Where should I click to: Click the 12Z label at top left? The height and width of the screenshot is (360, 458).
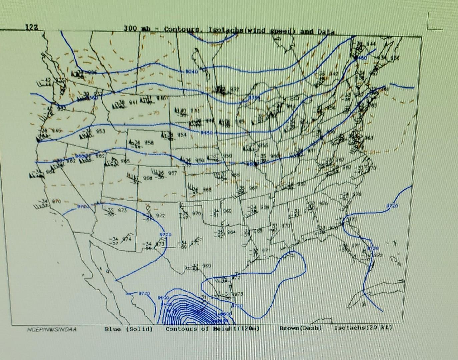coord(32,28)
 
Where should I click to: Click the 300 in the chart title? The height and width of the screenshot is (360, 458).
coord(131,29)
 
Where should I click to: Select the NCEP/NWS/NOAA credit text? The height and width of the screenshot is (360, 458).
coord(51,330)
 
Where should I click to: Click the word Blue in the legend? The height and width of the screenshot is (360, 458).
coord(113,329)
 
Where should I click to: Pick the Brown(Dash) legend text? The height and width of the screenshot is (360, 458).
coord(301,328)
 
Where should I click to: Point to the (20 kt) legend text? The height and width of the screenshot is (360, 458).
coord(381,327)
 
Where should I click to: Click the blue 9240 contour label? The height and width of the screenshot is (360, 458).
coord(191,71)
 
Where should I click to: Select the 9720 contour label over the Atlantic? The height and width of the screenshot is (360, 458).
coord(392,206)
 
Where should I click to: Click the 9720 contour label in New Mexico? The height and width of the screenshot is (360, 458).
coord(165,235)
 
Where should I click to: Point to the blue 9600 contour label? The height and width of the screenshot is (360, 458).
coord(163,297)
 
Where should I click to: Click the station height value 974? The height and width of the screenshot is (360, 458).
coord(126,239)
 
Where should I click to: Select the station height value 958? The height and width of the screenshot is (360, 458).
coord(149,143)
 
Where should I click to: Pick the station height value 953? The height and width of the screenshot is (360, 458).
coord(100,132)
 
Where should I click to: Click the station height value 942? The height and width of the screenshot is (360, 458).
coord(333,73)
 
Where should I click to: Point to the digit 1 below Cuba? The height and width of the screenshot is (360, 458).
coord(364,304)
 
